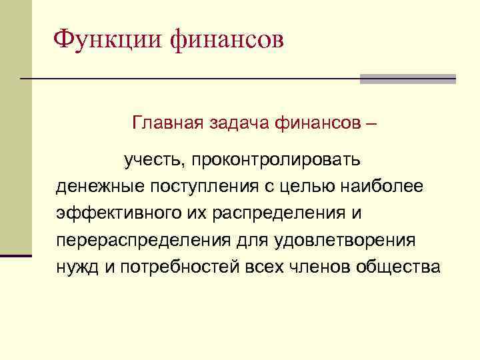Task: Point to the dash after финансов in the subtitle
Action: click(371, 124)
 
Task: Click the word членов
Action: click(319, 267)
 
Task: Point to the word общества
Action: click(399, 267)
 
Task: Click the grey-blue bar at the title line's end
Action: click(407, 79)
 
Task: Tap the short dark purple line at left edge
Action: click(16, 255)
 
